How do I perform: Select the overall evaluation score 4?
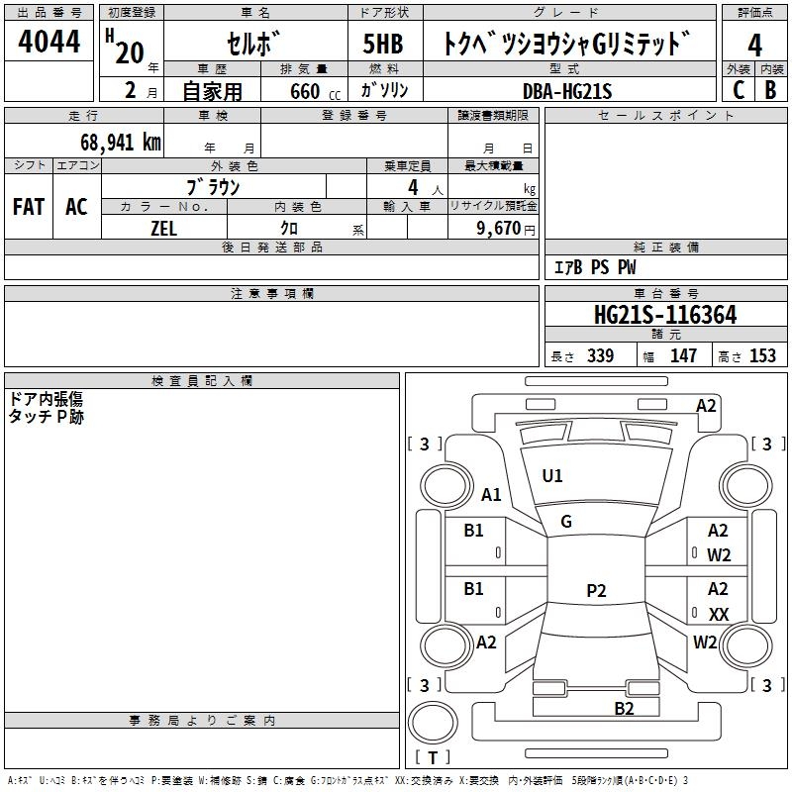tap(754, 45)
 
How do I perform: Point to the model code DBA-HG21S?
tap(567, 91)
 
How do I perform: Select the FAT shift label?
tap(28, 207)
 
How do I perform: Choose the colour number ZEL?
tap(163, 228)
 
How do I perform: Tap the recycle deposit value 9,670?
tap(499, 228)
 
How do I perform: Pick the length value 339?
tap(600, 356)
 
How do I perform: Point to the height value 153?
tap(762, 356)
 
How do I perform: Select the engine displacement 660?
tap(304, 91)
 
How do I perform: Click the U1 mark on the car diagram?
tap(552, 476)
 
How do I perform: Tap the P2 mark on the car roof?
tap(596, 591)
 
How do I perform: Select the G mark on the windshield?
tap(566, 522)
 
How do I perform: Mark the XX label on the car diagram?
tap(719, 615)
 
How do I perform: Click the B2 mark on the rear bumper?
tap(624, 708)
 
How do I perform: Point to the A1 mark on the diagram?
tap(491, 495)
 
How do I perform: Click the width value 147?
tap(683, 356)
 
